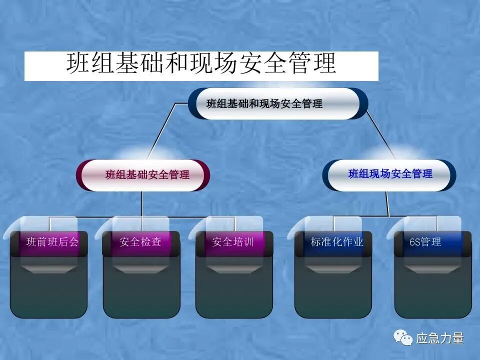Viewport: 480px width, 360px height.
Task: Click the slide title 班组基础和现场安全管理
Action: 201,65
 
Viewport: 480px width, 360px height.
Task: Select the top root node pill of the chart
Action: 278,104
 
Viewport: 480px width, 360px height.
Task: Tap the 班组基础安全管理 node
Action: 147,175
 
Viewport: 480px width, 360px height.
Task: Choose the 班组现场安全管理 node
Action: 390,174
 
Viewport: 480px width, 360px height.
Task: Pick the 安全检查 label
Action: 140,242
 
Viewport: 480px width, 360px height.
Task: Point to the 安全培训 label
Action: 232,242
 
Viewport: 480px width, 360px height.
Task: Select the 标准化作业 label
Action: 336,242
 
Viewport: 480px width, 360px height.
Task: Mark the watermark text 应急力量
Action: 440,338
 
